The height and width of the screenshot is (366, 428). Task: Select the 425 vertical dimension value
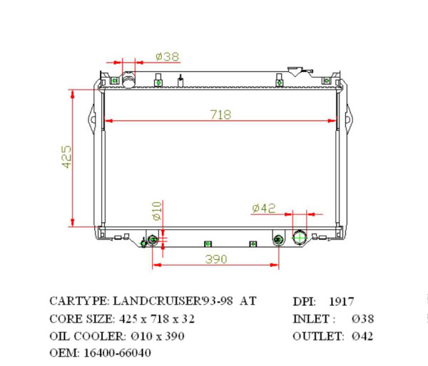tap(66, 157)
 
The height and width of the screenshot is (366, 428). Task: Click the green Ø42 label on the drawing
tap(263, 208)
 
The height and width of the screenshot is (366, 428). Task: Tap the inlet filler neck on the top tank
tap(129, 78)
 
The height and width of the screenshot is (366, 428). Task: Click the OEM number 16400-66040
tap(118, 352)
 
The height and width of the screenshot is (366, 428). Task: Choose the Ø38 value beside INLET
tap(362, 319)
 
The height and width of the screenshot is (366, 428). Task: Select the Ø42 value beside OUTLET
tap(362, 336)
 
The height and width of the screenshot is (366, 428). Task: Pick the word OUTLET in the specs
tap(315, 336)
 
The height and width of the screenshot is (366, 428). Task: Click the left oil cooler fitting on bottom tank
tap(152, 239)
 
